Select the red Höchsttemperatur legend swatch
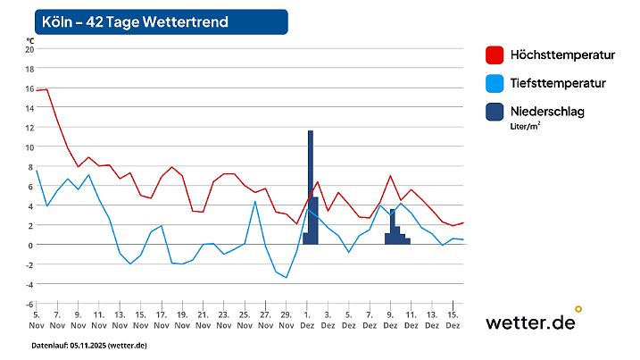click(x=495, y=55)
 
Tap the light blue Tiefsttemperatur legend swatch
click(x=495, y=83)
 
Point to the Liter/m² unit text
click(x=525, y=126)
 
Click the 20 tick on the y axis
click(x=29, y=49)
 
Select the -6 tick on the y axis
click(x=29, y=304)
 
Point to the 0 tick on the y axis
click(x=30, y=245)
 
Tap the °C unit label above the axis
click(x=29, y=40)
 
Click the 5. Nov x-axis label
click(x=37, y=320)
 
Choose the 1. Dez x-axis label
click(x=307, y=320)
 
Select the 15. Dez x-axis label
click(x=453, y=320)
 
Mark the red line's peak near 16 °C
click(x=46, y=89)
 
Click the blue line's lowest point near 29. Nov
click(x=286, y=278)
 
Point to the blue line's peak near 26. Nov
click(x=255, y=201)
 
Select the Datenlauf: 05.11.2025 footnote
click(x=89, y=345)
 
